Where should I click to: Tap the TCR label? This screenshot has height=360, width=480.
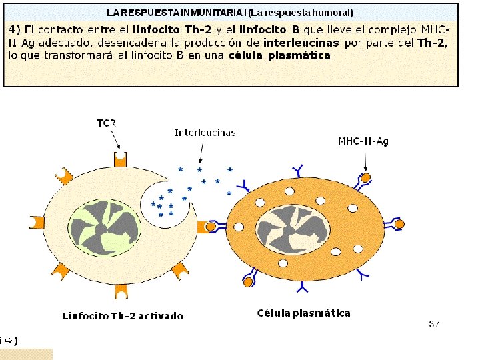coord(107,123)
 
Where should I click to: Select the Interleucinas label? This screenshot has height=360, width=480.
coord(205,133)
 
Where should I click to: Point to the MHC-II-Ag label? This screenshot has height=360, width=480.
coord(363,141)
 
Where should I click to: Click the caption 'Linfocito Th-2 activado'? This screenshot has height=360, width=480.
coord(123,316)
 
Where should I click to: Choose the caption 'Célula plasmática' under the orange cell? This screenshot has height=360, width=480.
coord(303,313)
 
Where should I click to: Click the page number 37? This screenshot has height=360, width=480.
coord(434,324)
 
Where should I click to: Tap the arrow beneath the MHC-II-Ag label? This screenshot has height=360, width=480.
coord(365,161)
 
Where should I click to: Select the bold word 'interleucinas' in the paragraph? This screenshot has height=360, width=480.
coord(301,43)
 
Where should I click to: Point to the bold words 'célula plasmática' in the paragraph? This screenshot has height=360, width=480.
coord(279,55)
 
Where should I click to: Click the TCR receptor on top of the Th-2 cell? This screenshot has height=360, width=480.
coord(119,159)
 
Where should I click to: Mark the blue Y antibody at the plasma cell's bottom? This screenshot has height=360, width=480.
coord(303,287)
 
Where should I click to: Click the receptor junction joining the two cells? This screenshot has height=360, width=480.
coord(209,227)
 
